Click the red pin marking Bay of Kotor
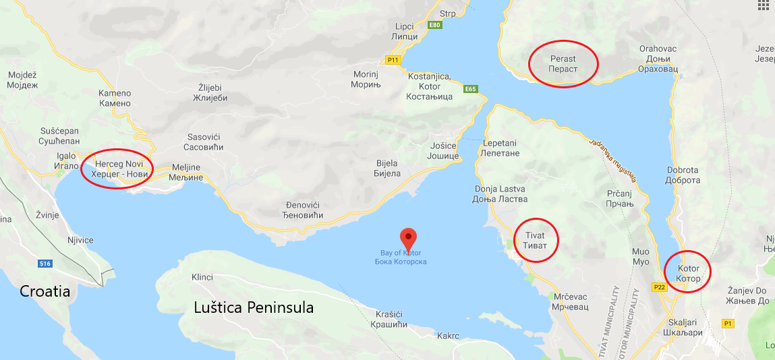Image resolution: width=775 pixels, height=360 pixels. tap(408, 237)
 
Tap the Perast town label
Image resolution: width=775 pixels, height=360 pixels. tap(563, 63)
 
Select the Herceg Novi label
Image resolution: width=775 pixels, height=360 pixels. tap(117, 169)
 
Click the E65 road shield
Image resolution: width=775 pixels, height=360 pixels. tap(470, 89)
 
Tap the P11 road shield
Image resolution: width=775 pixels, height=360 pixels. tap(393, 59)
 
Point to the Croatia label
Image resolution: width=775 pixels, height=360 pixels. tap(45, 291)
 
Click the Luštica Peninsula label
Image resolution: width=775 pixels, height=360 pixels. tap(254, 307)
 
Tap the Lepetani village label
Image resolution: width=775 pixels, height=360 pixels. tap(500, 148)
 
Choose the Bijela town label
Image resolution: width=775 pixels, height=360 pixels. tap(387, 168)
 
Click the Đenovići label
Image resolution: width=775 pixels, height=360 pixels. tap(304, 210)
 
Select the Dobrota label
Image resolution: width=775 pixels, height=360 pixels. tap(682, 175)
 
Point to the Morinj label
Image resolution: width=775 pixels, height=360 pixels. tap(366, 79)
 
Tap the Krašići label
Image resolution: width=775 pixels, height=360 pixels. tap(389, 319)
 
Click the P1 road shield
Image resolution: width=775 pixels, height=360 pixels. tap(727, 324)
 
